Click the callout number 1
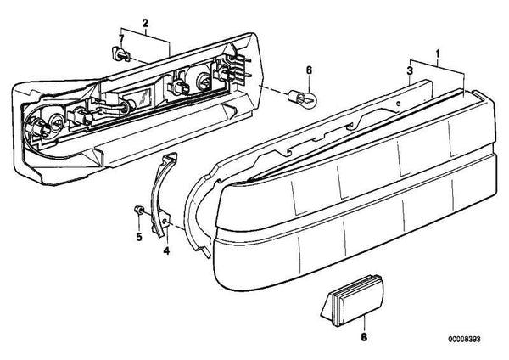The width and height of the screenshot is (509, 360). [438, 53]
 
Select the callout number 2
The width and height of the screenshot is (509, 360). [145, 23]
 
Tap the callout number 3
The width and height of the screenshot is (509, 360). [410, 70]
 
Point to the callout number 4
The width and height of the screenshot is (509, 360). [166, 250]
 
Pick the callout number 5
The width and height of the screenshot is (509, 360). [139, 237]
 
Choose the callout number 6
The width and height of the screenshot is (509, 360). [309, 70]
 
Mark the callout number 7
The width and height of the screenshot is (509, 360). [121, 38]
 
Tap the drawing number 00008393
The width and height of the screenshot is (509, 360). [464, 339]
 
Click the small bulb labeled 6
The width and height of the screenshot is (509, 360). [302, 97]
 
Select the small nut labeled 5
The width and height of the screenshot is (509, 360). [139, 211]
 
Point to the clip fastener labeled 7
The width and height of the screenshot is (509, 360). [120, 54]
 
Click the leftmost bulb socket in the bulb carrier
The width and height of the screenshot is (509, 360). [36, 126]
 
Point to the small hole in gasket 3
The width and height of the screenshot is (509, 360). [399, 104]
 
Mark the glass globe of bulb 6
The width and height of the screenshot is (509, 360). [307, 97]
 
